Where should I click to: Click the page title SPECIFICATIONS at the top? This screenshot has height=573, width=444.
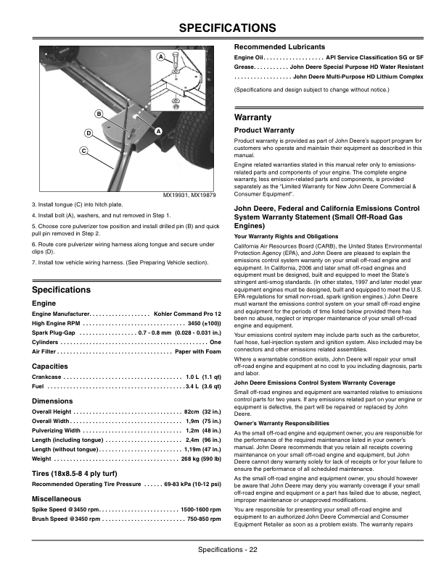pyautogui.click(x=221, y=28)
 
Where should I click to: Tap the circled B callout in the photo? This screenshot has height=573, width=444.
pyautogui.click(x=98, y=114)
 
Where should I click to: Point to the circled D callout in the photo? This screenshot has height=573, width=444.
pyautogui.click(x=88, y=133)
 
